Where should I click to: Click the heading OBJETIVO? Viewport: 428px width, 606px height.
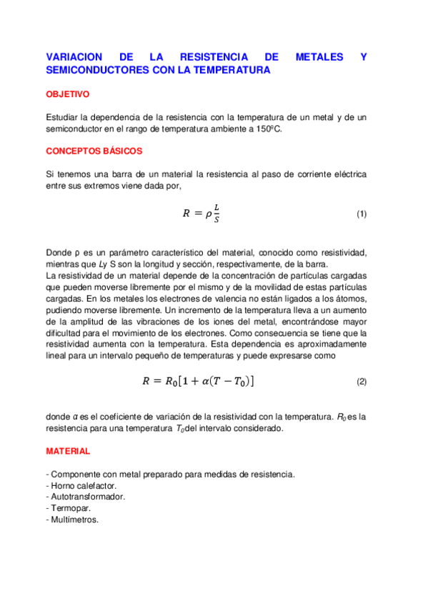(x=67, y=94)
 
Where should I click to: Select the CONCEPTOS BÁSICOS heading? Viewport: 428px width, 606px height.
(x=94, y=151)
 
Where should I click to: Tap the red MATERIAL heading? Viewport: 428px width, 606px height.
(x=68, y=452)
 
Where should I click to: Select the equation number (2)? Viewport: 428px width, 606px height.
(x=361, y=382)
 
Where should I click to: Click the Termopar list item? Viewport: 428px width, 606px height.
(x=69, y=508)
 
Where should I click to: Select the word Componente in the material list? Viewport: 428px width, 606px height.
(x=74, y=474)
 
